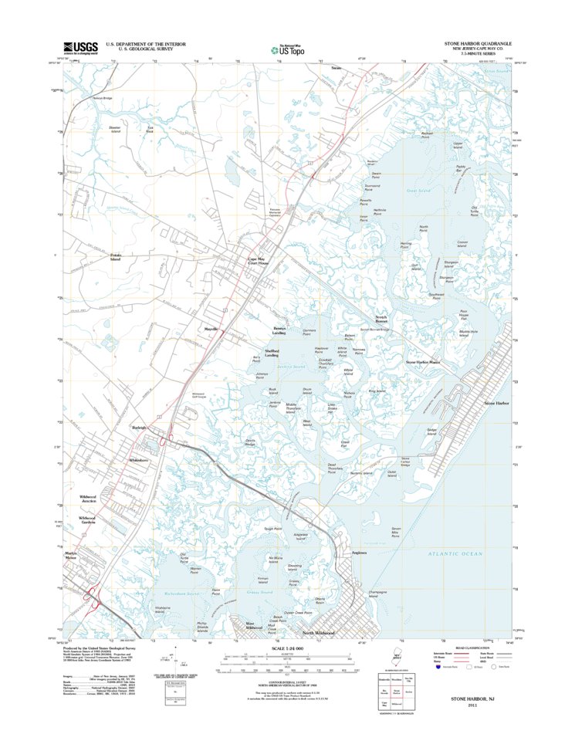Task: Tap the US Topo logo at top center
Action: tap(287, 49)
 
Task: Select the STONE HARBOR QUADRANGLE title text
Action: tap(477, 44)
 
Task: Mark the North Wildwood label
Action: tap(318, 633)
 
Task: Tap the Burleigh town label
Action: tap(139, 427)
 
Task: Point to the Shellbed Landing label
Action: tap(272, 353)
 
